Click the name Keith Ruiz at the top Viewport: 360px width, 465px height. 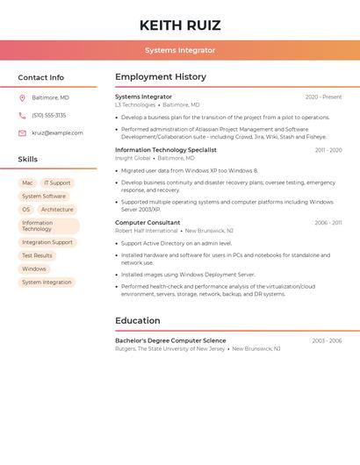click(180, 25)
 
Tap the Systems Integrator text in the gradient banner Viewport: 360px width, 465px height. click(180, 50)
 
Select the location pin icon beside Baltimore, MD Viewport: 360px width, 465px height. click(22, 97)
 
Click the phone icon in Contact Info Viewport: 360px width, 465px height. click(22, 115)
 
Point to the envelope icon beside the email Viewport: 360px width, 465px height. click(22, 133)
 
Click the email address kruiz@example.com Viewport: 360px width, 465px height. click(57, 133)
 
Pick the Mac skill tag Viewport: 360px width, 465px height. click(27, 183)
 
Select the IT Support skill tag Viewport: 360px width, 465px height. click(57, 183)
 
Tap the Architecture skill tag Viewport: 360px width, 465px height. click(57, 210)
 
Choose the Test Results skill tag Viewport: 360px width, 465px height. click(37, 255)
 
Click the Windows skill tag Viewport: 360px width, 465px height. click(34, 268)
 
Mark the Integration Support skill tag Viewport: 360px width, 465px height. click(47, 242)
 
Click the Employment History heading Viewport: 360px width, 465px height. click(161, 77)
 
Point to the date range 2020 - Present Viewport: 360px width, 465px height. click(323, 97)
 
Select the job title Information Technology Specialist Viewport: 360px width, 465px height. click(166, 150)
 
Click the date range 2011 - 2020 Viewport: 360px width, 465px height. click(328, 150)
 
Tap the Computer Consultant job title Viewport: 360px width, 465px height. click(148, 223)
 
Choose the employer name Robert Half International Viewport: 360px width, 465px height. click(147, 231)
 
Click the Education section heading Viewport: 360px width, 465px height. click(138, 321)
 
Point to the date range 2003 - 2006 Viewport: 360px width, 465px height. click(327, 340)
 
